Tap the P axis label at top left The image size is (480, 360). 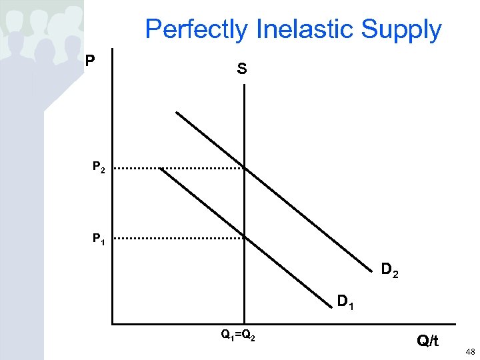tap(91, 61)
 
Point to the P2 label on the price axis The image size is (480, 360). tap(99, 168)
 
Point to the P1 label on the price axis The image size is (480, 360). tap(99, 238)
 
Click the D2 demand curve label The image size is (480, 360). tap(389, 270)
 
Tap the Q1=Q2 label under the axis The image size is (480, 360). tap(239, 335)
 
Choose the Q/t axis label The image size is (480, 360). tap(428, 341)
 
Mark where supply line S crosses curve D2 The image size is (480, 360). tap(245, 169)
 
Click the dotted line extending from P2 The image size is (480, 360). tap(180, 169)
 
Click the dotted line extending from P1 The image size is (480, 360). tap(180, 238)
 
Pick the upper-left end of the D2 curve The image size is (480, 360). tap(177, 112)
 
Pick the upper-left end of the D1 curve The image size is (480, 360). tap(161, 169)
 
